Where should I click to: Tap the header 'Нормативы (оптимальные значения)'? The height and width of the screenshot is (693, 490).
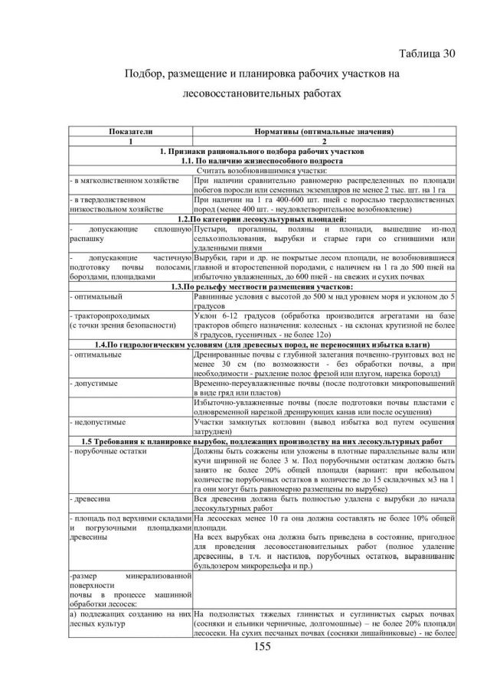coord(324,132)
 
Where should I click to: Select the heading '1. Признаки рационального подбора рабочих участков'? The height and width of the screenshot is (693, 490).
coord(260,152)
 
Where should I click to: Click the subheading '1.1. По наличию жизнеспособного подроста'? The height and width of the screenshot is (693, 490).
coord(260,161)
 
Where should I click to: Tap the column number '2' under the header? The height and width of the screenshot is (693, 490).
coord(324,142)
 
